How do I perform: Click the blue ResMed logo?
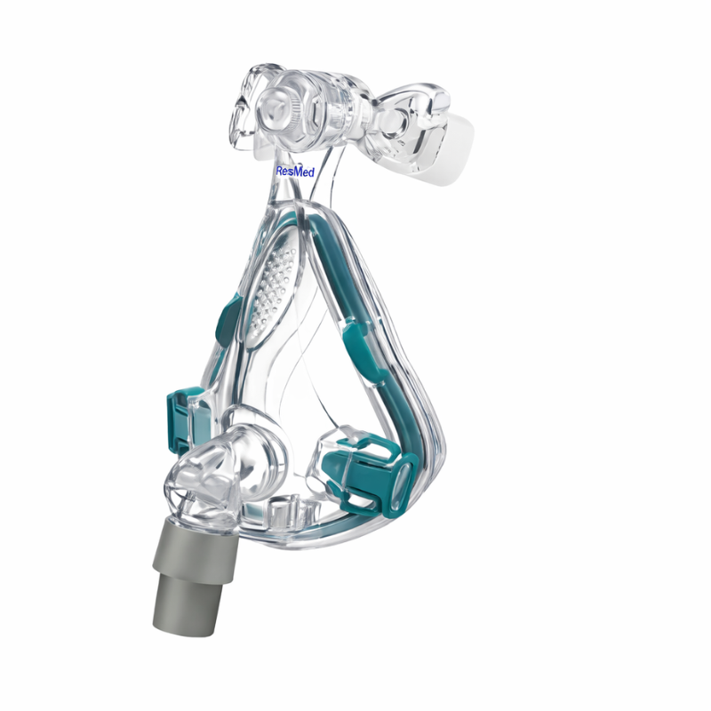tap(295, 172)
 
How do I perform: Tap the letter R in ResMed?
tap(280, 171)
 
